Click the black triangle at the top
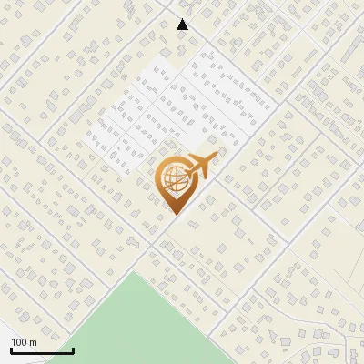coord(183,25)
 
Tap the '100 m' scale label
coord(24,342)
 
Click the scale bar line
coord(42,350)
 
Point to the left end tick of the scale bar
coord(11,349)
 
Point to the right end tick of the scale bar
coord(73,349)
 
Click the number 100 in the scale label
coord(18,342)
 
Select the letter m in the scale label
coord(32,342)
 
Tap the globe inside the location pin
coord(173,177)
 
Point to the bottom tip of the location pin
coord(173,215)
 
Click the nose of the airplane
coord(216,157)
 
